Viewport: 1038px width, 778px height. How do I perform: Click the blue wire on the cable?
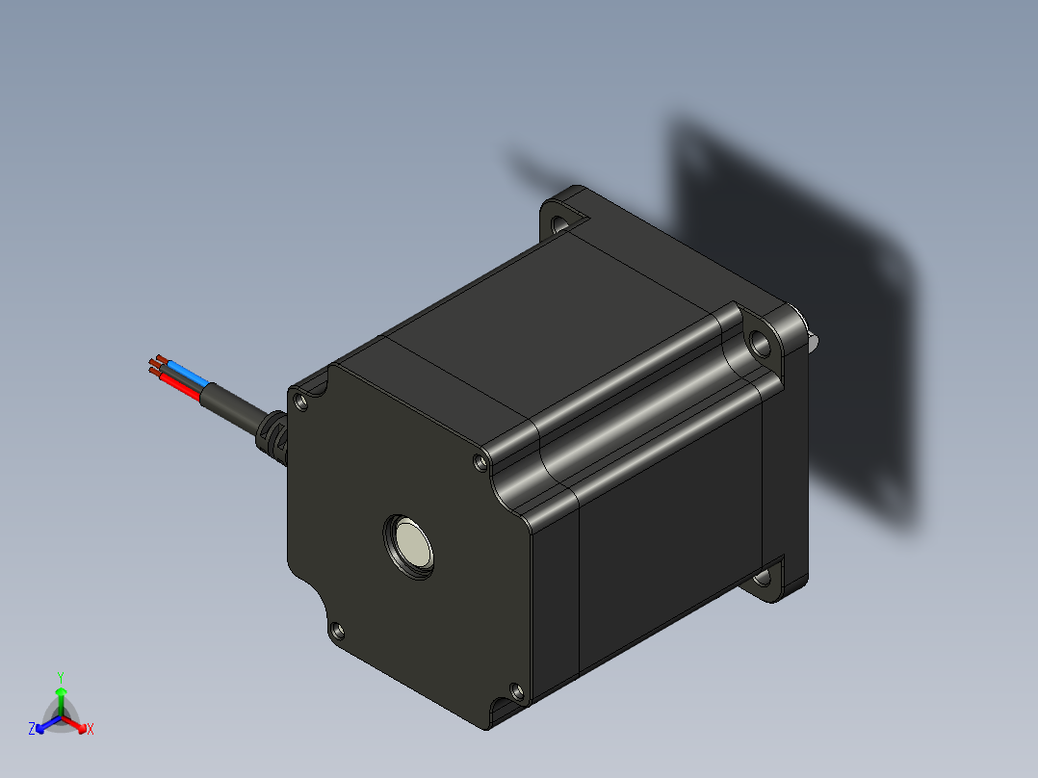188,373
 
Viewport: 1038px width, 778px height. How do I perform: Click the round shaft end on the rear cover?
409,546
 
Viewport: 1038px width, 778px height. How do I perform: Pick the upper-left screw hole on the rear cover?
300,402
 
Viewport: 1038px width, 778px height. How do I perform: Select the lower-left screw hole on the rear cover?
337,630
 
